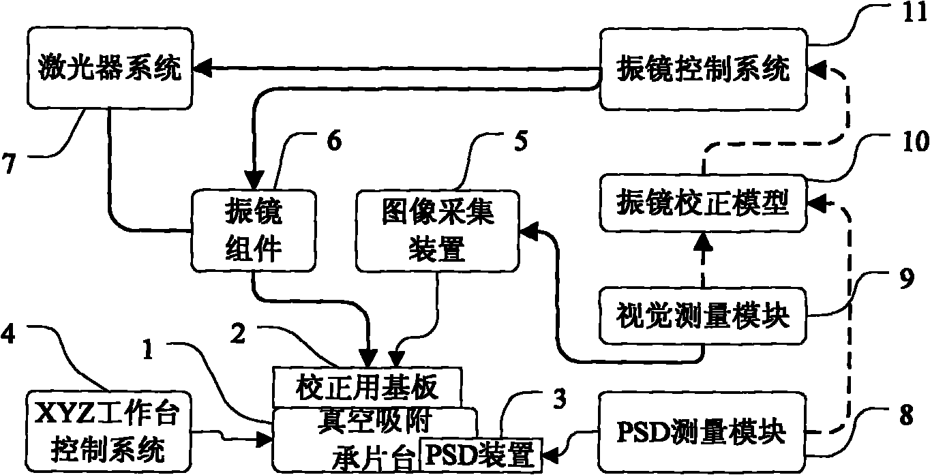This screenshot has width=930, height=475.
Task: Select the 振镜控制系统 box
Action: [703, 68]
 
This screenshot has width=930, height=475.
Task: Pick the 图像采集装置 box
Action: [436, 230]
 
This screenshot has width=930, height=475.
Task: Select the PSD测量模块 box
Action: [703, 431]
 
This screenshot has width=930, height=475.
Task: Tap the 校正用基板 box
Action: [367, 388]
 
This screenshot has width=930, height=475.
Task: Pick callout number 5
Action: [520, 142]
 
